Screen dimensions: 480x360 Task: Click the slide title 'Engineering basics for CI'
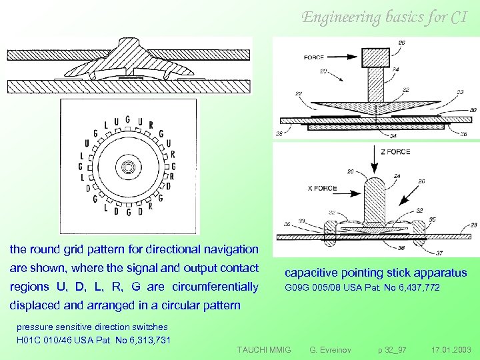pos(385,17)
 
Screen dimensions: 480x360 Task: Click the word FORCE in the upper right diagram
pos(314,58)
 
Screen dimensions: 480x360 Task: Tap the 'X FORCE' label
pos(323,188)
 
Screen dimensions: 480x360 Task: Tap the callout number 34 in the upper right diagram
pos(393,136)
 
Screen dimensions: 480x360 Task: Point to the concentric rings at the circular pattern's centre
pos(127,166)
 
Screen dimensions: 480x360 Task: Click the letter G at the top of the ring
pos(127,121)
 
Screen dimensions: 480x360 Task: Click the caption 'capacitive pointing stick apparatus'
pos(375,273)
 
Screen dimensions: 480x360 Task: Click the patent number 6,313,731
pos(148,340)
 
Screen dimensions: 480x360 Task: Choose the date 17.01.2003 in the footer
pos(451,349)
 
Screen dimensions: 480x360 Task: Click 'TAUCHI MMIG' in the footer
pos(264,349)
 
